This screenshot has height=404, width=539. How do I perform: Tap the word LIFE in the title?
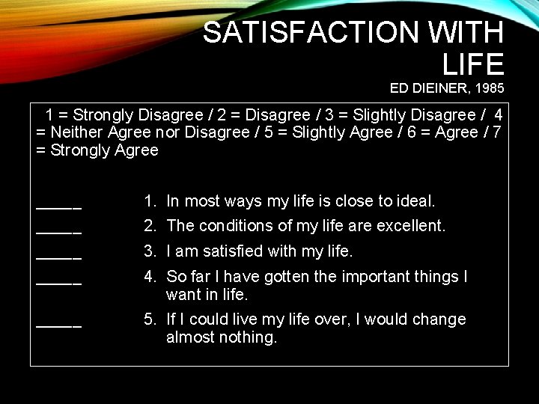(x=473, y=65)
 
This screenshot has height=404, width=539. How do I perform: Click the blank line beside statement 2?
(x=59, y=230)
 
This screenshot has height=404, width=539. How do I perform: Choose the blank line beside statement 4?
(x=59, y=282)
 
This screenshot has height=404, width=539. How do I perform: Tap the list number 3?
(x=150, y=251)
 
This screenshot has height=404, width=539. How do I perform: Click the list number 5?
(x=150, y=319)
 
